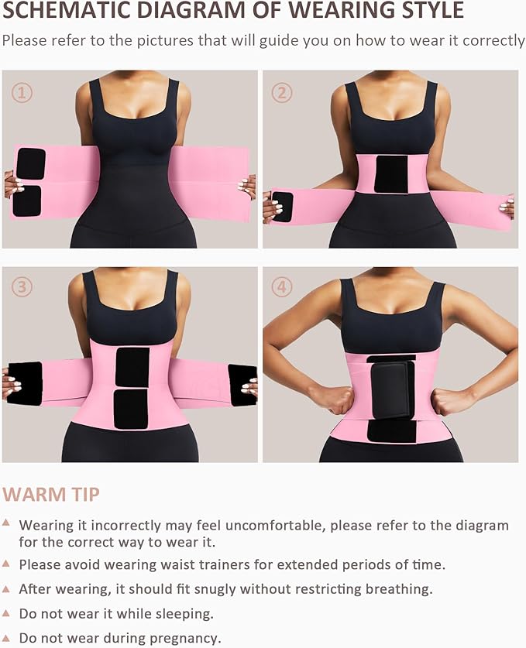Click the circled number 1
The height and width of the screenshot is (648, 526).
[x=22, y=94]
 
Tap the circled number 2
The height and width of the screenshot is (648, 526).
[x=282, y=94]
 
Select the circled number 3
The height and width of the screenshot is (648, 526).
[x=22, y=287]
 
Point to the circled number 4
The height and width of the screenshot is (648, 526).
[x=282, y=287]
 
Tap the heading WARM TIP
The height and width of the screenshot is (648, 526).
[x=51, y=494]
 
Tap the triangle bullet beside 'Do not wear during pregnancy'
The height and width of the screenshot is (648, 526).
[x=6, y=637]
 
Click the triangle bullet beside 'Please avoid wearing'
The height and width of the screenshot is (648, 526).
[x=6, y=564]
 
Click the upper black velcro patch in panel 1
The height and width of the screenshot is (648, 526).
[x=31, y=163]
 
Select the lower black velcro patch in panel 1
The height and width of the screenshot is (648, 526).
[x=27, y=201]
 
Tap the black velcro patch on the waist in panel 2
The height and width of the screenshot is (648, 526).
[x=390, y=174]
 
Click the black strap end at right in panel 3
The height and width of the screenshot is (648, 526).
[x=242, y=385]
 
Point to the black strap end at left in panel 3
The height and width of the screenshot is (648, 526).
[x=26, y=383]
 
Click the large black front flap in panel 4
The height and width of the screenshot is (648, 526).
[x=393, y=389]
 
